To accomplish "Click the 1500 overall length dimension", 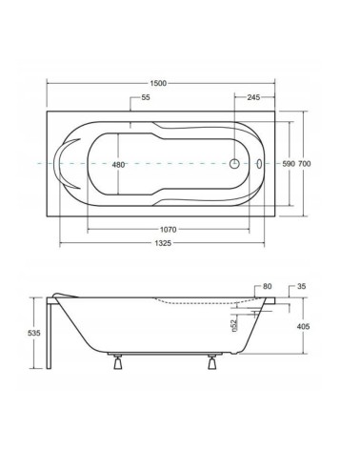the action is click(x=158, y=83).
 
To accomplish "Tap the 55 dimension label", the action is click(x=146, y=97).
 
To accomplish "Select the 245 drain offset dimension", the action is click(x=253, y=97).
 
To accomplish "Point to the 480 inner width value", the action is click(x=118, y=165).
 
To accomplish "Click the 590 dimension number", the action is click(x=289, y=164).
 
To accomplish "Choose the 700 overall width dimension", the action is click(x=305, y=164).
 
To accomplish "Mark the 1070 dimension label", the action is click(x=168, y=230).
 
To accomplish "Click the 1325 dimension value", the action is click(x=163, y=243).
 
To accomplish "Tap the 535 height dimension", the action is click(x=34, y=333).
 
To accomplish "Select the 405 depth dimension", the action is click(x=303, y=326).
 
